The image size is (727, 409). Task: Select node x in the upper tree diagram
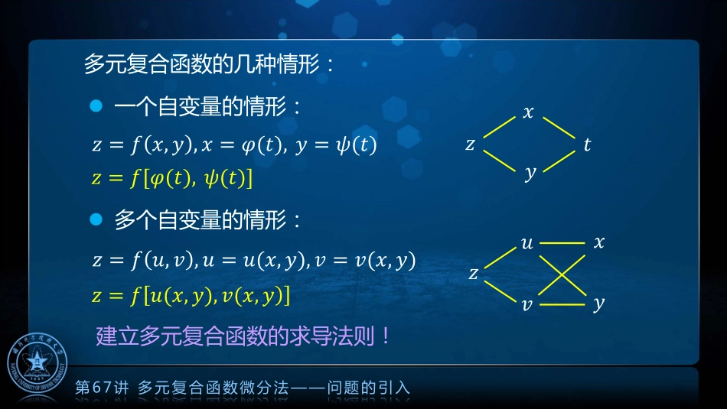click(x=528, y=113)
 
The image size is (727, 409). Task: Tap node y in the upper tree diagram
click(x=530, y=174)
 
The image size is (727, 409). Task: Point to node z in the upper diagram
click(x=471, y=144)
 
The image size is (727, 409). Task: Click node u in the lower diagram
click(x=527, y=244)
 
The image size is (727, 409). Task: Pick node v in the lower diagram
click(x=527, y=304)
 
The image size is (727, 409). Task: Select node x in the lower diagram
click(x=599, y=242)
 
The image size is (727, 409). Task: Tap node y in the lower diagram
click(x=598, y=304)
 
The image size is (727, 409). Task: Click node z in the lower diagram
click(x=474, y=273)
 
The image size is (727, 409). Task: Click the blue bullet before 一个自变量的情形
click(x=96, y=107)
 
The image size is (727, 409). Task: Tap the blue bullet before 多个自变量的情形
click(x=96, y=220)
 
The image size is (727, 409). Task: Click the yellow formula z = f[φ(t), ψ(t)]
click(x=171, y=179)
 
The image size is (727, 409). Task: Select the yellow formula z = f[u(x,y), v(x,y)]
click(x=191, y=296)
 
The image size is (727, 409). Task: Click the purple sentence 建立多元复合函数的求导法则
click(x=243, y=336)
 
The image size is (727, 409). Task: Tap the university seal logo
click(x=37, y=364)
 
